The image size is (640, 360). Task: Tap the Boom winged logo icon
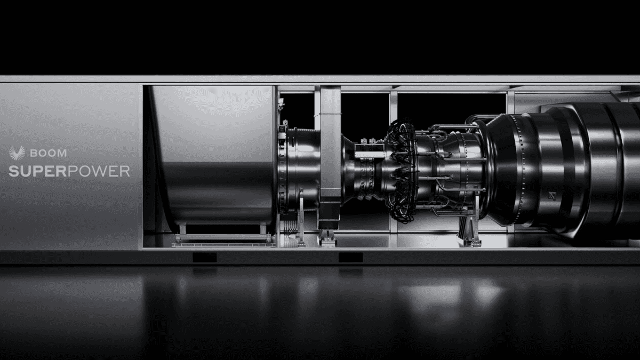[x=17, y=153]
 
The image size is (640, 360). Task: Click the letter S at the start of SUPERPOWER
[x=13, y=171]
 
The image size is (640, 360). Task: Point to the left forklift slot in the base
[x=204, y=257]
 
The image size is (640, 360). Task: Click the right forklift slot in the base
[x=350, y=257]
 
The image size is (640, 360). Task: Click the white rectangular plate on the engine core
[x=370, y=155]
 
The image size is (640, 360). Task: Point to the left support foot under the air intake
[x=182, y=229]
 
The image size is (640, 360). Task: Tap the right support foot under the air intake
[x=263, y=229]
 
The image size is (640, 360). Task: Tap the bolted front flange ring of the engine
[x=284, y=165]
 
